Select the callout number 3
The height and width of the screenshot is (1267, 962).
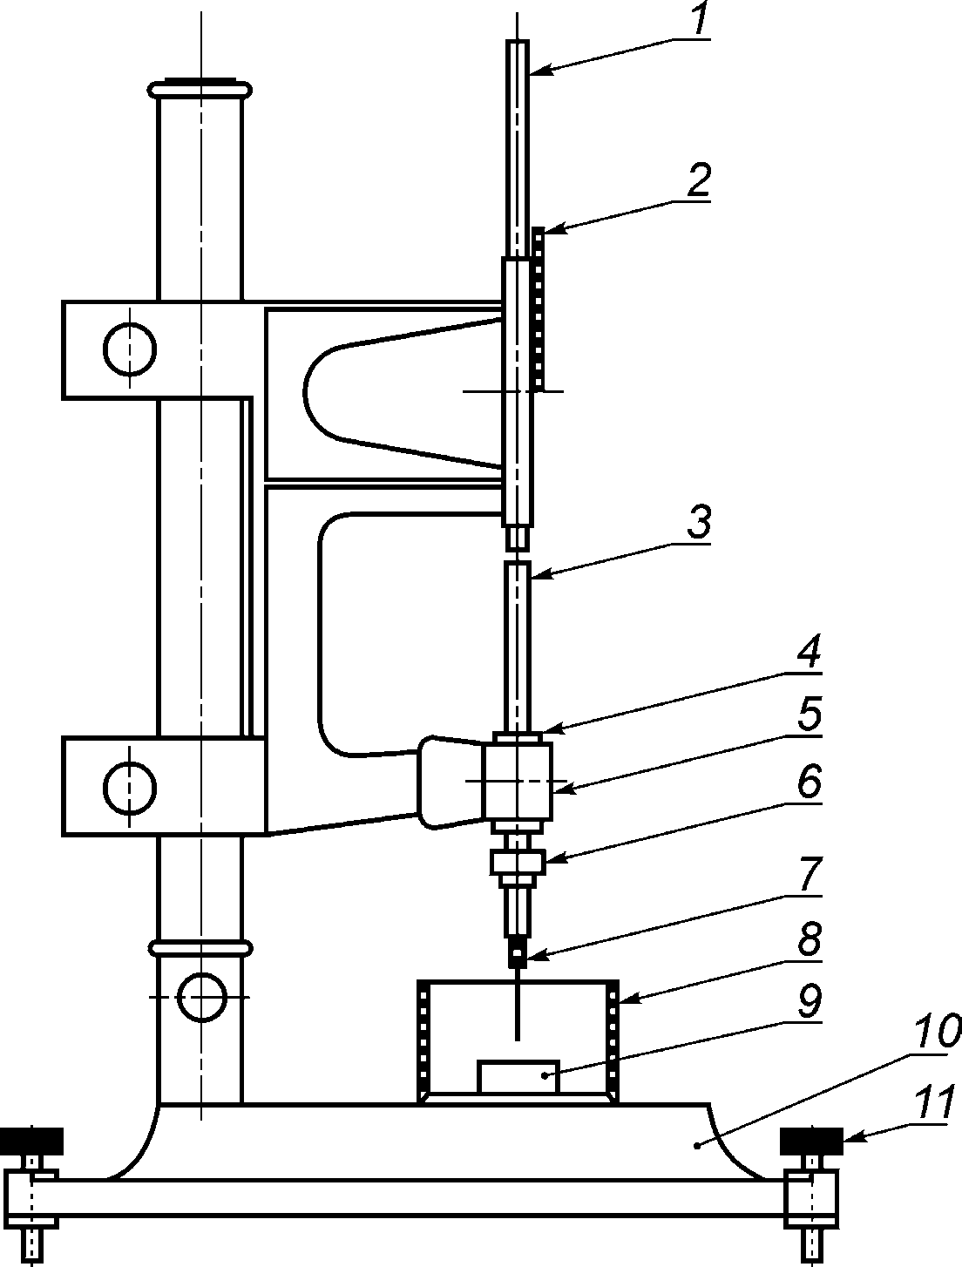coord(700,521)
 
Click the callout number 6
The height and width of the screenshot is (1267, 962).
coord(810,781)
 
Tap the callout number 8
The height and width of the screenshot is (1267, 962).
coord(810,938)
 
